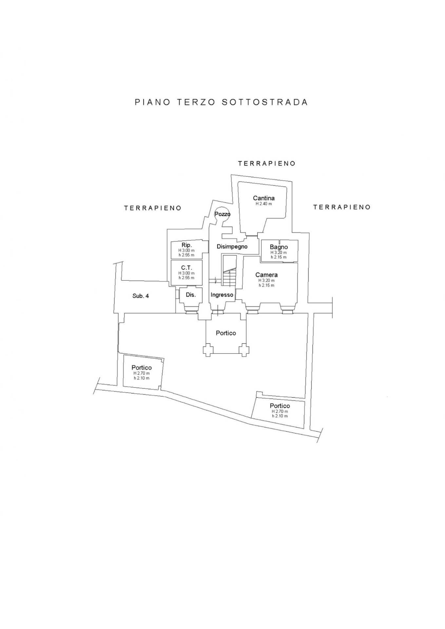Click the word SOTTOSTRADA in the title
pos(265,102)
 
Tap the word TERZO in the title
pos(196,102)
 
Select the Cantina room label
pos(264,198)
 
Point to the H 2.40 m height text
pos(264,204)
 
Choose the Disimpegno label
pos(232,247)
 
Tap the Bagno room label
pos(279,247)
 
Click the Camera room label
pos(266,275)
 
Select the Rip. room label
pos(186,245)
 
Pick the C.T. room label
pos(186,268)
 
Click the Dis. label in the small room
pos(191,295)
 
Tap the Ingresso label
pos(222,295)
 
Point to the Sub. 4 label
pos(141,296)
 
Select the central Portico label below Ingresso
pos(226,333)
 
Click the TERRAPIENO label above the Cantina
pos(267,163)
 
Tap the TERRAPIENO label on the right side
pos(342,207)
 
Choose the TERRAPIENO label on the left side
pos(153,208)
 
